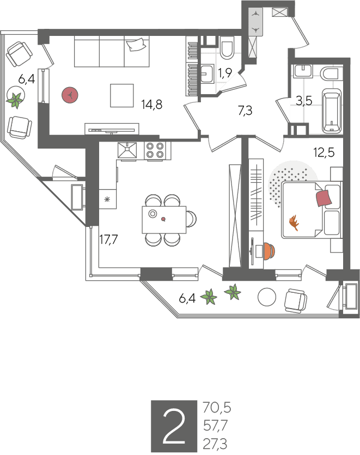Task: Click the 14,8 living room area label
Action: tap(151, 104)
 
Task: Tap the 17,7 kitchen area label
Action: tap(108, 239)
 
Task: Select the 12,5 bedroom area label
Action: tap(324, 152)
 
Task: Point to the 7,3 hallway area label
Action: tap(245, 110)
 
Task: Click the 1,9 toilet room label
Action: tap(225, 73)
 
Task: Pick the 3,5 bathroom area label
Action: tap(304, 101)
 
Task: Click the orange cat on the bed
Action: tap(294, 223)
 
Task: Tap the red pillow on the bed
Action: tap(324, 198)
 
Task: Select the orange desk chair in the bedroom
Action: tap(269, 251)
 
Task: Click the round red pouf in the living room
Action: tap(70, 95)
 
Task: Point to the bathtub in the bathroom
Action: tap(331, 111)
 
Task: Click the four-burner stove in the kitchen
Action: tap(155, 151)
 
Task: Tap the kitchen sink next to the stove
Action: tap(127, 150)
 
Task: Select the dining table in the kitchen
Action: tap(164, 220)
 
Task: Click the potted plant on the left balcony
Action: tap(15, 99)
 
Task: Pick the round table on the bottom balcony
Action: tap(267, 297)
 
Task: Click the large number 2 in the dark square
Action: tap(174, 426)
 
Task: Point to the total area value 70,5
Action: tap(217, 408)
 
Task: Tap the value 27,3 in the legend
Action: tap(215, 444)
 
